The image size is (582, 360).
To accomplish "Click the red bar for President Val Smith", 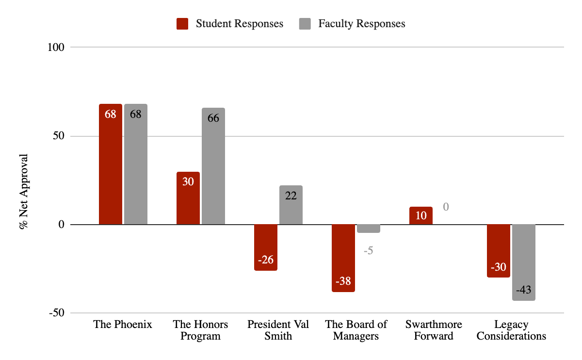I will [266, 247].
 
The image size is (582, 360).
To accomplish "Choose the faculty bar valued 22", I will [291, 205].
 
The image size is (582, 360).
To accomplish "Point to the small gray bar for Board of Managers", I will [369, 229].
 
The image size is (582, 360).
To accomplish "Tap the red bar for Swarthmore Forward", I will [421, 215].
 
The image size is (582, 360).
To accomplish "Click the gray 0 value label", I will [446, 207].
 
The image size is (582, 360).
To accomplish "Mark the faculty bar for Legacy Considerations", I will [524, 262].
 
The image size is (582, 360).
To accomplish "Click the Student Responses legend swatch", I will [182, 24].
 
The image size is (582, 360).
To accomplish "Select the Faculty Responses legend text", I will [362, 24].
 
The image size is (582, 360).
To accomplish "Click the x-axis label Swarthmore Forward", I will [434, 330].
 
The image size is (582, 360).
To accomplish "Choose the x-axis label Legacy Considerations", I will [511, 330].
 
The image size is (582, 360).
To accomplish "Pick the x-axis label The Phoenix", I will [123, 325].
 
